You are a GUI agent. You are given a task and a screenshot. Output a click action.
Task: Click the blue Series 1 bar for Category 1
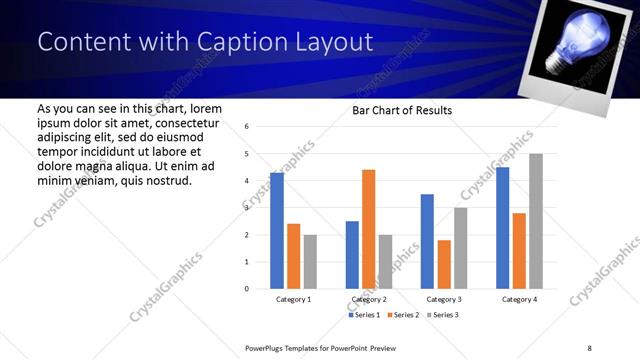pyautogui.click(x=277, y=231)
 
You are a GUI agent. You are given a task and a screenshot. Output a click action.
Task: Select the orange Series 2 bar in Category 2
pyautogui.click(x=368, y=229)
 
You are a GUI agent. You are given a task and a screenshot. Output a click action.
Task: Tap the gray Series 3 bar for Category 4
pyautogui.click(x=536, y=221)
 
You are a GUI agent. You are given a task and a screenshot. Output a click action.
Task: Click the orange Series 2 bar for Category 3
pyautogui.click(x=444, y=264)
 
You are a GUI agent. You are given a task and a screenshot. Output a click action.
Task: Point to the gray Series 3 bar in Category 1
pyautogui.click(x=310, y=261)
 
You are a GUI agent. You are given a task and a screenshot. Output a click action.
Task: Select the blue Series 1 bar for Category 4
pyautogui.click(x=503, y=228)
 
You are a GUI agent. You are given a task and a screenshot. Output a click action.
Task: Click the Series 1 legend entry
pyautogui.click(x=363, y=315)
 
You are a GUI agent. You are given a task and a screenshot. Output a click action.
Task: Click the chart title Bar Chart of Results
pyautogui.click(x=402, y=110)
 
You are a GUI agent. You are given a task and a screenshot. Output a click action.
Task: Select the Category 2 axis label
pyautogui.click(x=368, y=300)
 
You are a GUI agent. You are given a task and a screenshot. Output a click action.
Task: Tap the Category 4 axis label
pyautogui.click(x=519, y=300)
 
